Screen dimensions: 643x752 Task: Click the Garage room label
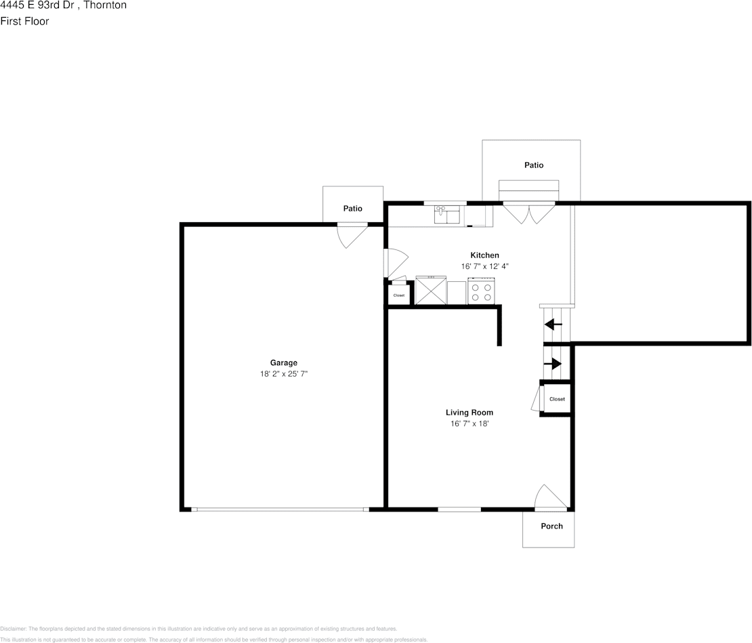[283, 362]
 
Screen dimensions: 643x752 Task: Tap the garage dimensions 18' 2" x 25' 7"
[283, 373]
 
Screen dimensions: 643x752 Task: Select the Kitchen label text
[484, 255]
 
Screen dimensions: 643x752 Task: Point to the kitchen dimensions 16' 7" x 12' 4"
[484, 266]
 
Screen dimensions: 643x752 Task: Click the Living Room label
[469, 412]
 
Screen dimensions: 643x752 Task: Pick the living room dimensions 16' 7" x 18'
[469, 423]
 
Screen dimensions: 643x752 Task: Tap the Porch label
[551, 526]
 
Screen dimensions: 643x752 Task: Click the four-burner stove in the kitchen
[481, 292]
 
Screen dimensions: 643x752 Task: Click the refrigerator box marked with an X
[430, 291]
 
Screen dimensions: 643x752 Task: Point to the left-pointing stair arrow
[554, 325]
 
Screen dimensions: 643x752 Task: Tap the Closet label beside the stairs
[557, 399]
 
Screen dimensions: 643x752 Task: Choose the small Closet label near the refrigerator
[399, 295]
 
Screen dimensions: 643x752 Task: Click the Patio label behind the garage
[352, 209]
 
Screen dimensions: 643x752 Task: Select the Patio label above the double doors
[533, 165]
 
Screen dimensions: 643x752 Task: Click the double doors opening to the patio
[529, 213]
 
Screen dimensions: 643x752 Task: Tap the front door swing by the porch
[550, 498]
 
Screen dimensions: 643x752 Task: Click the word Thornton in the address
[104, 5]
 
